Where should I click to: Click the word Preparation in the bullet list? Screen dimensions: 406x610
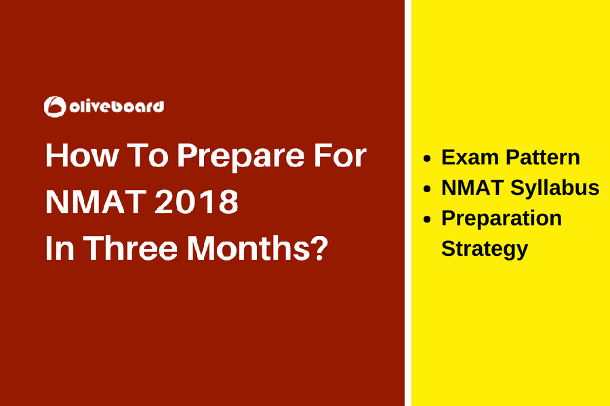point(502,219)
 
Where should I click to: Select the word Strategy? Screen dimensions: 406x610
point(484,249)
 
